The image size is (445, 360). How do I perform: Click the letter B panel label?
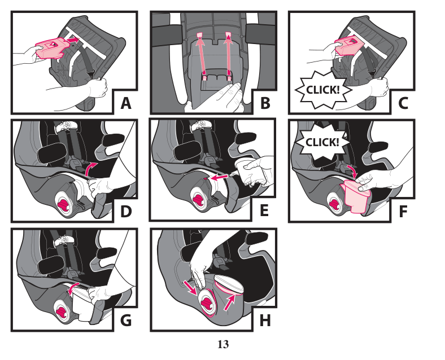pos(264,103)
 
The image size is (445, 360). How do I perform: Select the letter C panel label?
pos(403,103)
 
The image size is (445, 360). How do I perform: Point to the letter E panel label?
pos(264,212)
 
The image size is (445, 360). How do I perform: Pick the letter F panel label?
pos(403,212)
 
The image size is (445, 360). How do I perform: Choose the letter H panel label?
pos(264,320)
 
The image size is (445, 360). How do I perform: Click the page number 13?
pos(223,344)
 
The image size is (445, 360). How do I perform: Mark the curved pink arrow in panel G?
pos(72,288)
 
